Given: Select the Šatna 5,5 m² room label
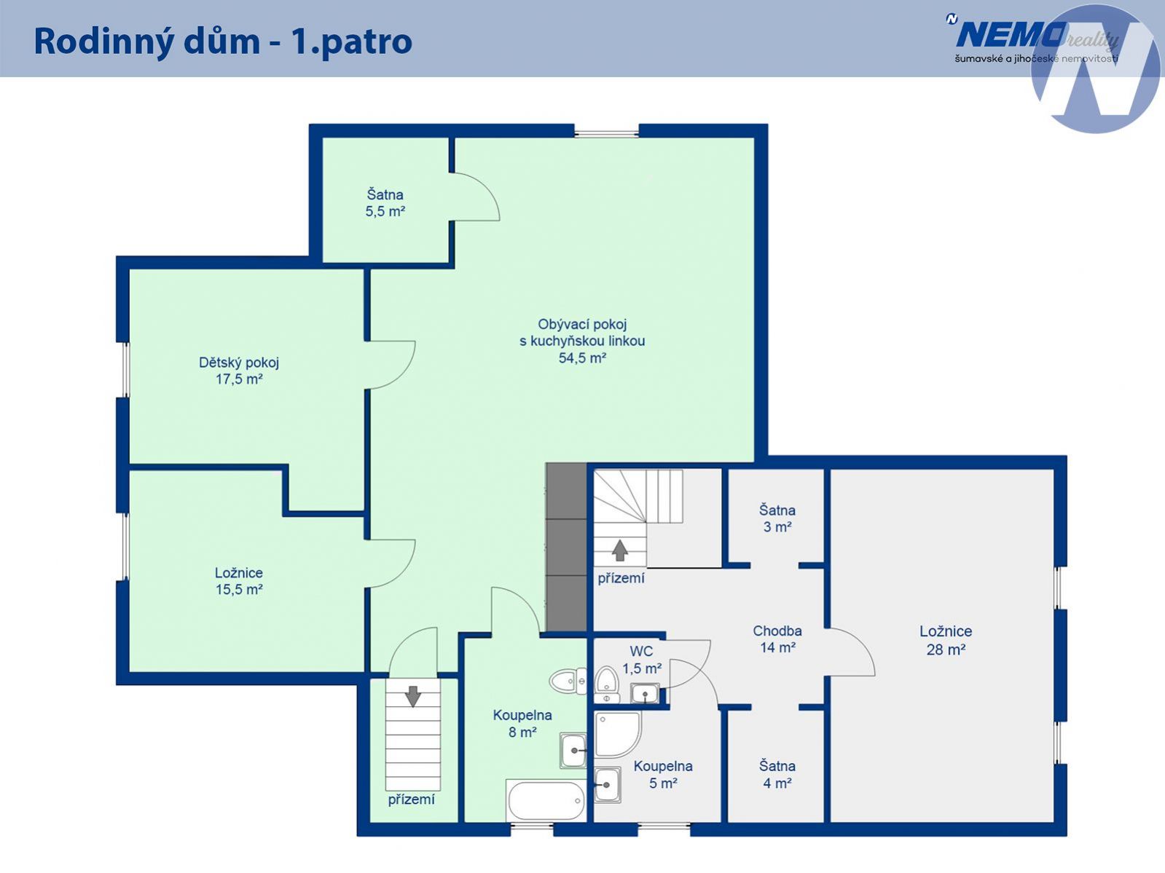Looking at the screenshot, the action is [x=385, y=203].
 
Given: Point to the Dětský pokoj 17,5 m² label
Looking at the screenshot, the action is [x=239, y=371].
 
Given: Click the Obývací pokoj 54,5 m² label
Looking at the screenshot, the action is [x=582, y=341].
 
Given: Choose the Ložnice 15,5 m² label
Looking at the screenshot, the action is [x=239, y=581].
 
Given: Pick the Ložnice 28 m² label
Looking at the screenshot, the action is [x=946, y=640].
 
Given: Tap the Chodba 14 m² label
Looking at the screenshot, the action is [x=777, y=639].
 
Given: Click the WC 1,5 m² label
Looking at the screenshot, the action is [x=642, y=660].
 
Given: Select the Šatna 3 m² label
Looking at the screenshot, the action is [x=777, y=518].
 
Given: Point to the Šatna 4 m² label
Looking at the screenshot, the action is [x=777, y=775].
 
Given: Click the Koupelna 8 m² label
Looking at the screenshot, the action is [x=522, y=724].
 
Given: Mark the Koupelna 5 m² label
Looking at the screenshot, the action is [x=663, y=775].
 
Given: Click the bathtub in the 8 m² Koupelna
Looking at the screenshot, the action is [x=546, y=800].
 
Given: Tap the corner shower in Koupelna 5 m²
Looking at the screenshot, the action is [x=618, y=735].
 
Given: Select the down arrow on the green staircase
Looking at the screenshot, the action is [x=413, y=696].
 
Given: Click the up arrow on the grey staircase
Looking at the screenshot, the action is [x=619, y=550].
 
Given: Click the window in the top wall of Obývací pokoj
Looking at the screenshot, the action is [x=606, y=134].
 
